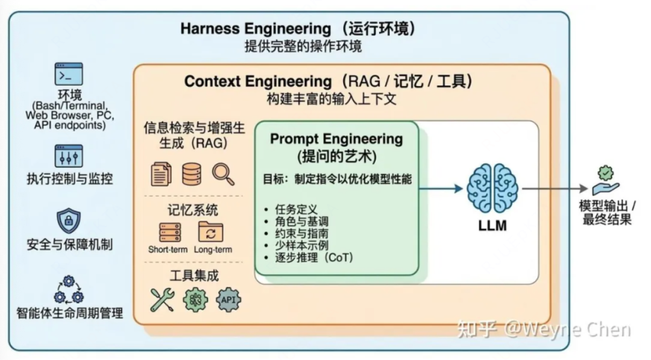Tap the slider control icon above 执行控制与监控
[x=69, y=156]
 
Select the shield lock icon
[x=69, y=221]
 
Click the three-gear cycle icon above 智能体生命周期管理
[x=69, y=289]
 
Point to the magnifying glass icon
[x=223, y=174]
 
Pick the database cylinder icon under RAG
[x=192, y=174]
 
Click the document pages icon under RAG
[x=161, y=174]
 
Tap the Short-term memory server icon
[x=170, y=232]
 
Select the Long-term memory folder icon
[x=211, y=232]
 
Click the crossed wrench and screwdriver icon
[x=162, y=299]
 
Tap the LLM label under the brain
[x=492, y=226]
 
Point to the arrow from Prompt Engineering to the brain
[x=441, y=188]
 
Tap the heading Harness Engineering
[x=256, y=28]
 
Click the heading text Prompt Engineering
[x=336, y=139]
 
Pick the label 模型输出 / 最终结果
[x=607, y=212]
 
